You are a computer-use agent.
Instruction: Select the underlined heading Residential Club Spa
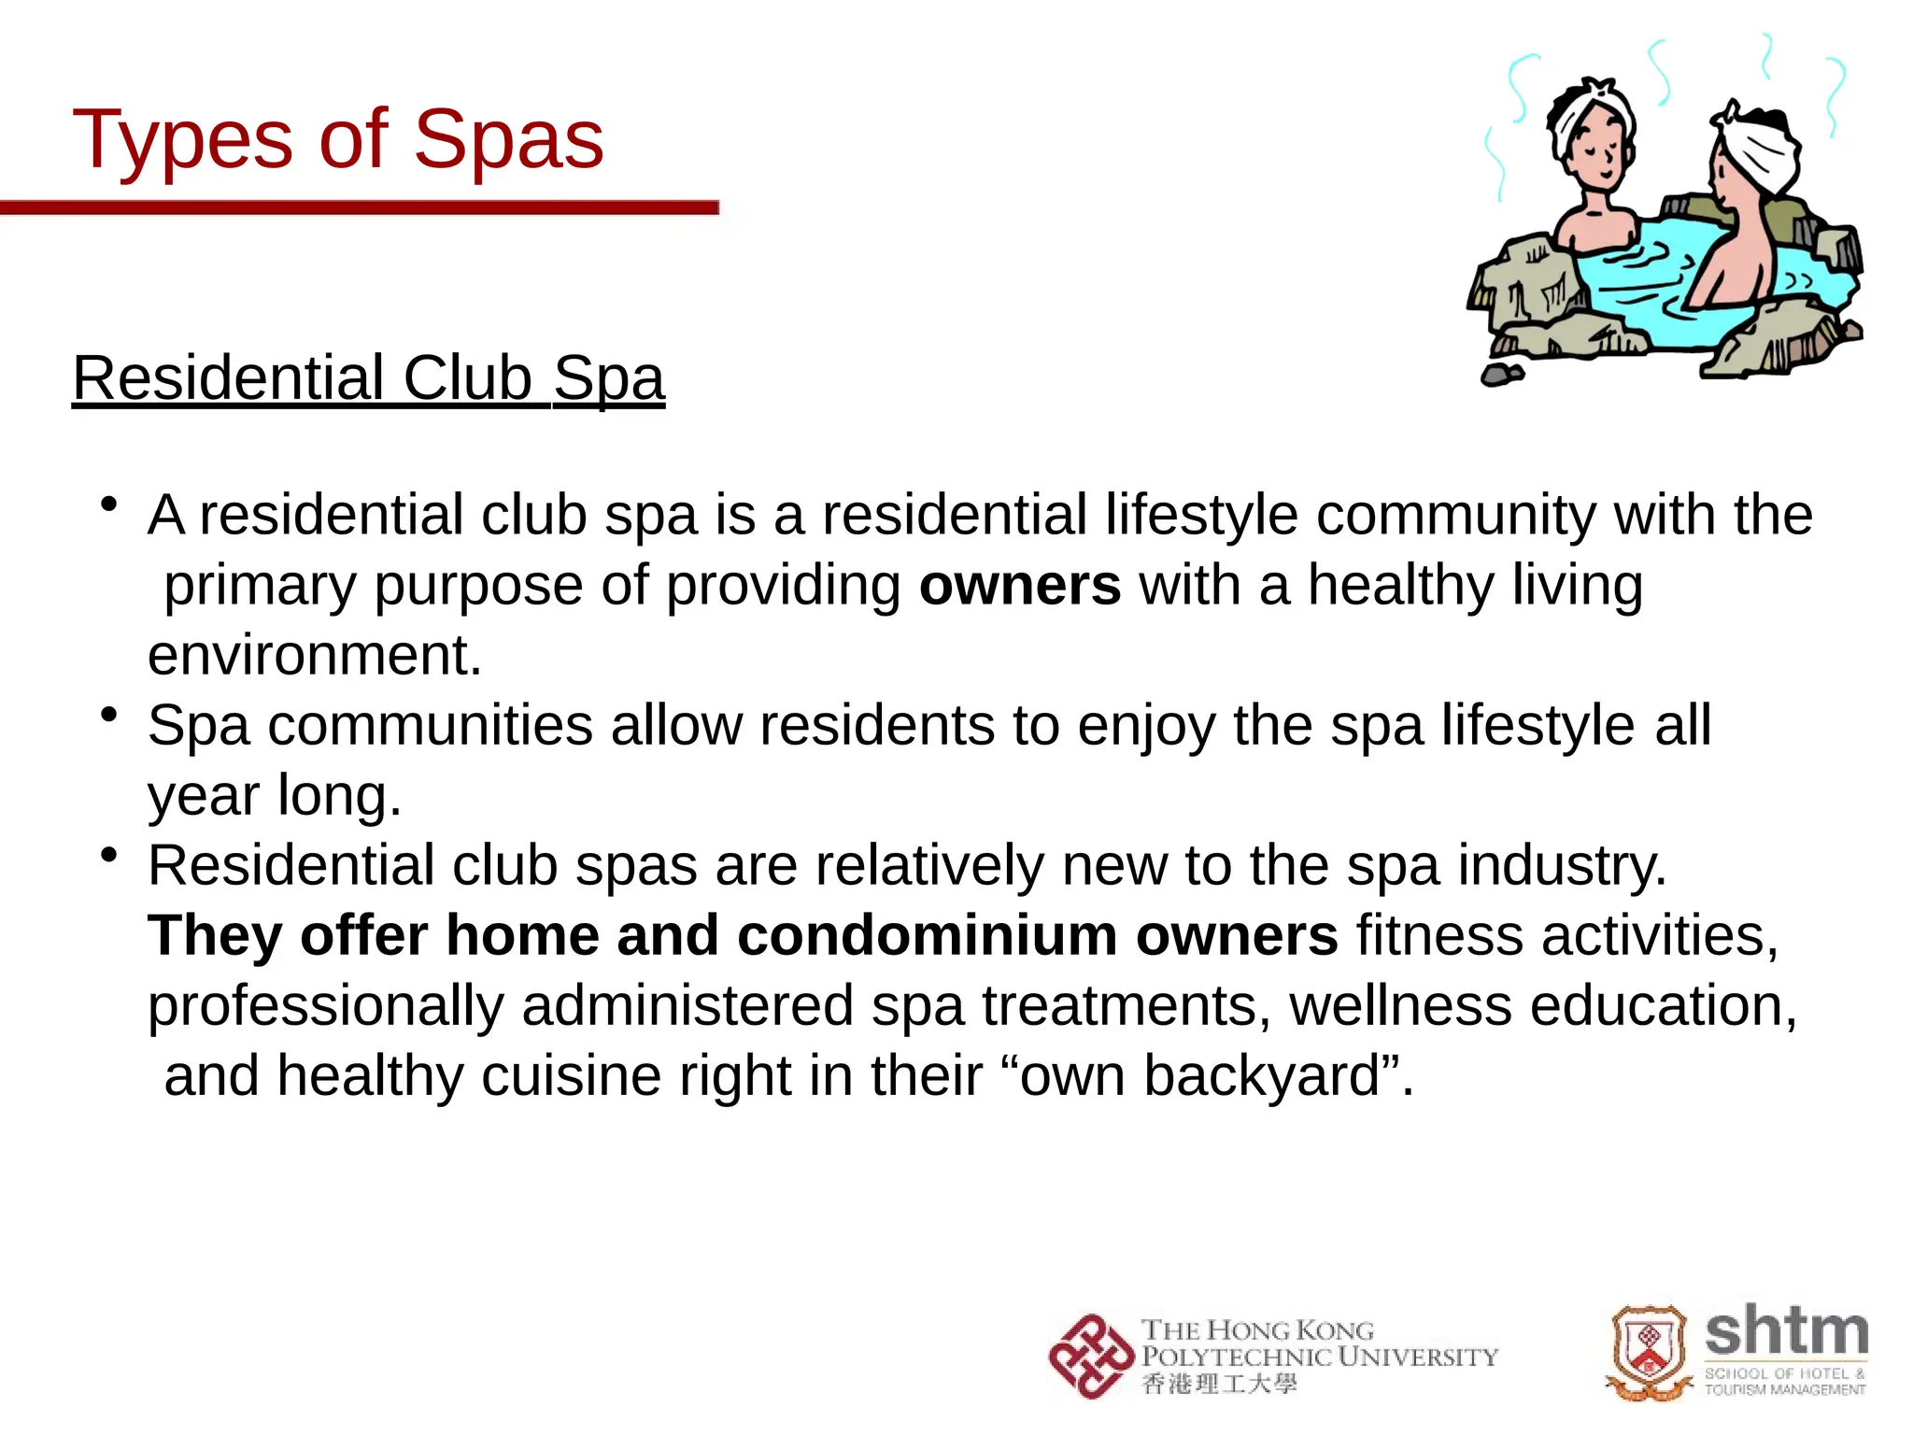(368, 378)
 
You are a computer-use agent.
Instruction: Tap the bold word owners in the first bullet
(1019, 586)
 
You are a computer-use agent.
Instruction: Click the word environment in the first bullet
(314, 655)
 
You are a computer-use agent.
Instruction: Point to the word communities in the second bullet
(431, 725)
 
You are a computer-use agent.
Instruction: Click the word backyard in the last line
(1262, 1075)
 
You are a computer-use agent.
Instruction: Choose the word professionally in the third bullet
(325, 1005)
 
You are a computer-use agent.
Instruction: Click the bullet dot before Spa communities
(109, 716)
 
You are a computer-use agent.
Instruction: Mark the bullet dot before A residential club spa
(109, 505)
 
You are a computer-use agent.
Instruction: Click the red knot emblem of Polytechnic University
(1090, 1357)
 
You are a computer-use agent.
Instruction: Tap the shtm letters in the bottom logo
(1786, 1332)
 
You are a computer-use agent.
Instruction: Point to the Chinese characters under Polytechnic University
(1219, 1384)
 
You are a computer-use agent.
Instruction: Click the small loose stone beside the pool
(1502, 374)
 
